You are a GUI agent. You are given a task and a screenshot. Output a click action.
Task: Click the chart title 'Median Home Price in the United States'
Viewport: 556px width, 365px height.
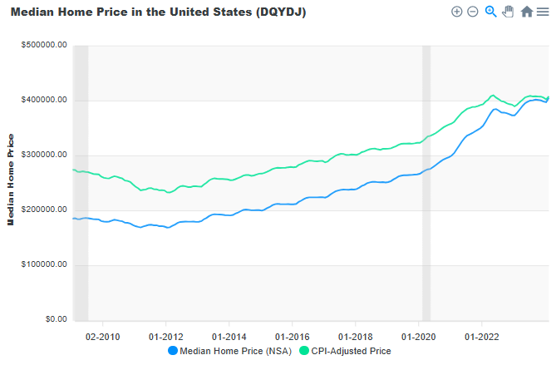(158, 14)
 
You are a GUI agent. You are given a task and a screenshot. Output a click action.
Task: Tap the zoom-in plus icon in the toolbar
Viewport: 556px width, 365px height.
(456, 12)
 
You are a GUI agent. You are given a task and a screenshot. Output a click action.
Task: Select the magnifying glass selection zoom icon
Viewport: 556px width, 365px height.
(490, 12)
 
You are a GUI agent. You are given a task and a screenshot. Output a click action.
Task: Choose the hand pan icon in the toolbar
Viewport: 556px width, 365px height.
(508, 12)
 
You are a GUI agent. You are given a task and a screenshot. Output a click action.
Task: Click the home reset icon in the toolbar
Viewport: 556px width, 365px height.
(526, 12)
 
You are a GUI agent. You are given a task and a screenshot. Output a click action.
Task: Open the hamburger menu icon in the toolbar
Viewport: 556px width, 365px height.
(542, 12)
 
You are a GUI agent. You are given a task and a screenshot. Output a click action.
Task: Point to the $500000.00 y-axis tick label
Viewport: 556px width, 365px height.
(44, 46)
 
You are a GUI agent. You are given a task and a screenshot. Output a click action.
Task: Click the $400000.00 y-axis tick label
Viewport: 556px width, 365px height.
(44, 101)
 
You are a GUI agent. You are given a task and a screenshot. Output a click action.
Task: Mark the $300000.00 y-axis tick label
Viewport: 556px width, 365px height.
(44, 155)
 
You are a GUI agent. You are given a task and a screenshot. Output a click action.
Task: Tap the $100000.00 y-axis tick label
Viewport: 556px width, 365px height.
(44, 265)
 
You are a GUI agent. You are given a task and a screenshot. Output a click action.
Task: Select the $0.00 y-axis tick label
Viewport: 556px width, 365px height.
(53, 319)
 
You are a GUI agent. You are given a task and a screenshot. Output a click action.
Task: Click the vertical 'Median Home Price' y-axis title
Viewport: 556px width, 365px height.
(11, 180)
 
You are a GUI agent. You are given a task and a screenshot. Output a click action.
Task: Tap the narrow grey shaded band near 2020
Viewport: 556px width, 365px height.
(426, 183)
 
